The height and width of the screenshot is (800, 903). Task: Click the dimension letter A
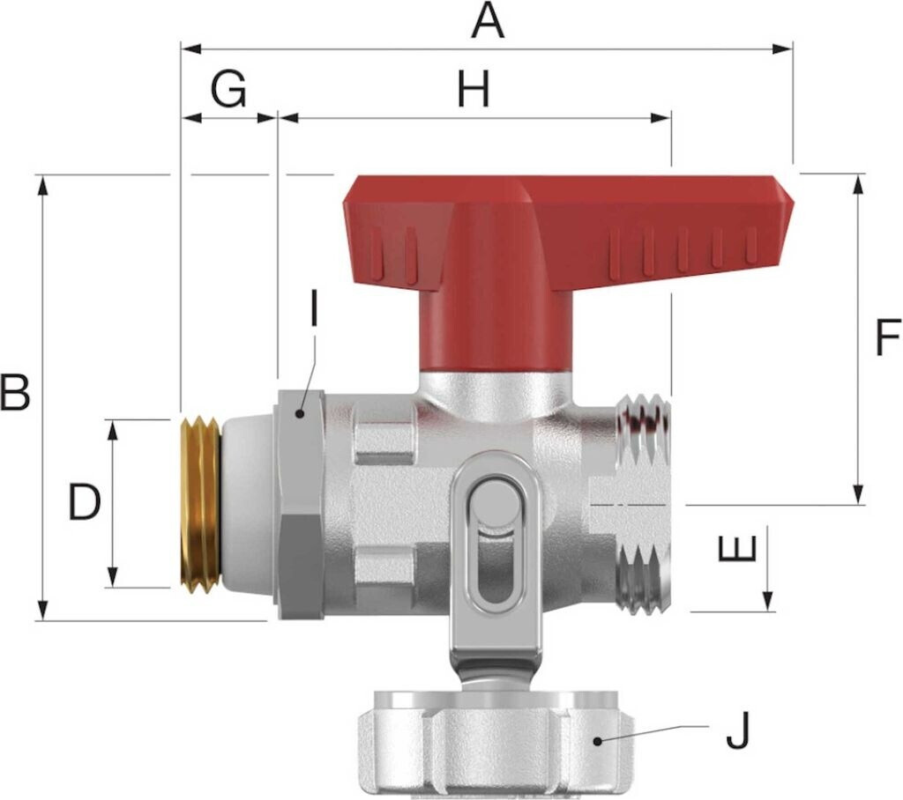click(488, 21)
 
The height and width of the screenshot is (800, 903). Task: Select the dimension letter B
click(14, 392)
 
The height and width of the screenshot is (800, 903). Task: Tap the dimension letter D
click(85, 502)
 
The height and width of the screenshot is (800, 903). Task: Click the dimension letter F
click(888, 337)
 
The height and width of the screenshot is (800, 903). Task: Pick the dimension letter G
click(228, 89)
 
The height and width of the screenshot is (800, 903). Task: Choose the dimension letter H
click(474, 89)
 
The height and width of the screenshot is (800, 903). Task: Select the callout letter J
click(738, 730)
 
